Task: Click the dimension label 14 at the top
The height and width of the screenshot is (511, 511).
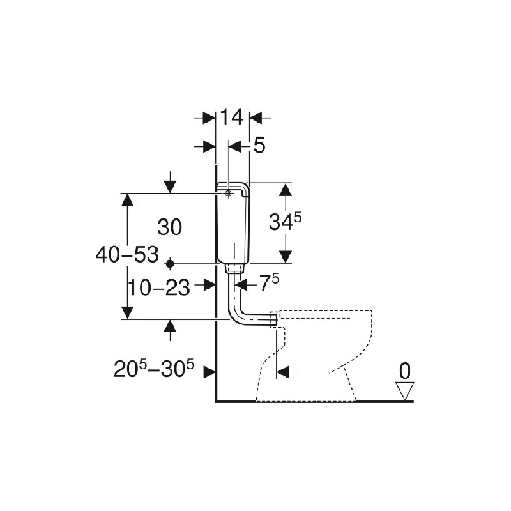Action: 232,117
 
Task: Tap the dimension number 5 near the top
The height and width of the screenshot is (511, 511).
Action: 259,146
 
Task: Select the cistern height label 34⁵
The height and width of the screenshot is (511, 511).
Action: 285,222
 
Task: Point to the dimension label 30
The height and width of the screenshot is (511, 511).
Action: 169,227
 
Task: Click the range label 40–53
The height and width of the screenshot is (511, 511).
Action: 127,254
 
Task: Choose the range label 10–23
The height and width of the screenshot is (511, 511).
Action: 158,288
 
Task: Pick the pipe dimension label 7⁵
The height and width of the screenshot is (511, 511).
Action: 269,283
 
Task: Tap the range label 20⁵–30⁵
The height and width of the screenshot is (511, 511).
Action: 153,369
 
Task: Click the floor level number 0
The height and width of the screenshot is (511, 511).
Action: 405,371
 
